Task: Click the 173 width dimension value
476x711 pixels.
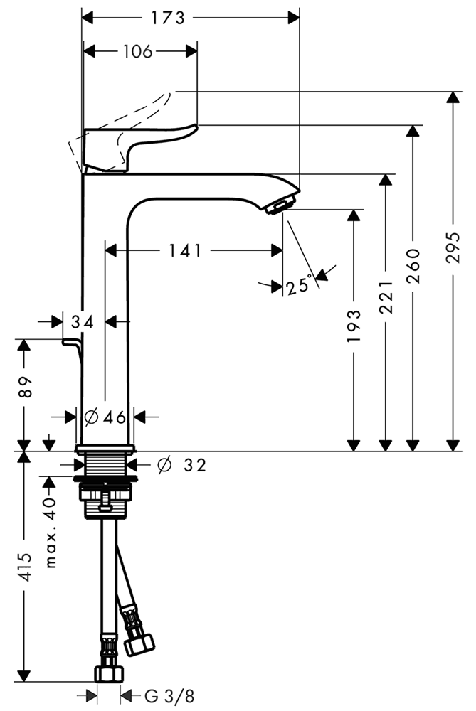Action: [x=169, y=18]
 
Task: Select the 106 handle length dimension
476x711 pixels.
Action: [x=137, y=51]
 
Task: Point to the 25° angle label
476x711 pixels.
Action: [x=300, y=286]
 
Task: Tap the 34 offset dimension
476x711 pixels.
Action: [x=83, y=322]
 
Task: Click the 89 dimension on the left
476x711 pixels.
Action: [x=25, y=386]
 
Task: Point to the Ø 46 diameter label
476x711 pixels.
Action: [x=105, y=417]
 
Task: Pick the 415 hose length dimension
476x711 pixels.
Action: [x=25, y=567]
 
